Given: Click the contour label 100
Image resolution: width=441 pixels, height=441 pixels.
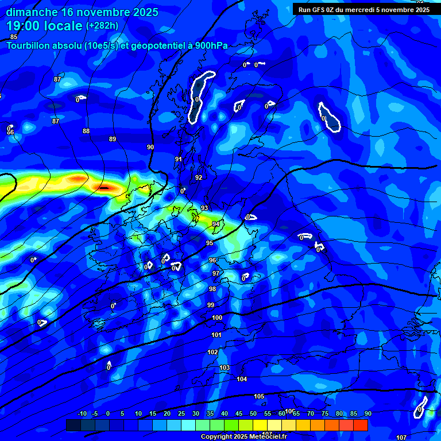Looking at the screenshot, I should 217,318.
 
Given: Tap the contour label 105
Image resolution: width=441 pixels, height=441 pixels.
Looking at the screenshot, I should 259,396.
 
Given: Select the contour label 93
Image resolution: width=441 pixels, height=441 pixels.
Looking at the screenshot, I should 204,208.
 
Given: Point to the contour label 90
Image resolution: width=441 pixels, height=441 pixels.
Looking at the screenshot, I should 150,147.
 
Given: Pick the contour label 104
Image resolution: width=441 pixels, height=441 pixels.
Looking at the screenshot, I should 242,379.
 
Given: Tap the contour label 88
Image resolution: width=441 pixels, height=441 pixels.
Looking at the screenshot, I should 86,131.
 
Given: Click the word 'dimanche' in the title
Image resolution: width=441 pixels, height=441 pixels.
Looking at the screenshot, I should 32,12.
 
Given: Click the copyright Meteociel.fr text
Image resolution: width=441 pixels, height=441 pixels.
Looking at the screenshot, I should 243,437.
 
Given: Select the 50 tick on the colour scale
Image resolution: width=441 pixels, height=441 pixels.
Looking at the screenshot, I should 253,413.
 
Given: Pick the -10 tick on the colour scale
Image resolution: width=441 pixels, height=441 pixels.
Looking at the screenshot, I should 82,413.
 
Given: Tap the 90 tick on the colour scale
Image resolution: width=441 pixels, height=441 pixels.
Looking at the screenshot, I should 367,413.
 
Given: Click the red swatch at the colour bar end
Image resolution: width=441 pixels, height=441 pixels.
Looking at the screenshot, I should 361,425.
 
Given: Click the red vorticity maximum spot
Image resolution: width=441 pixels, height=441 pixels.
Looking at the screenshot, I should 104,187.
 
